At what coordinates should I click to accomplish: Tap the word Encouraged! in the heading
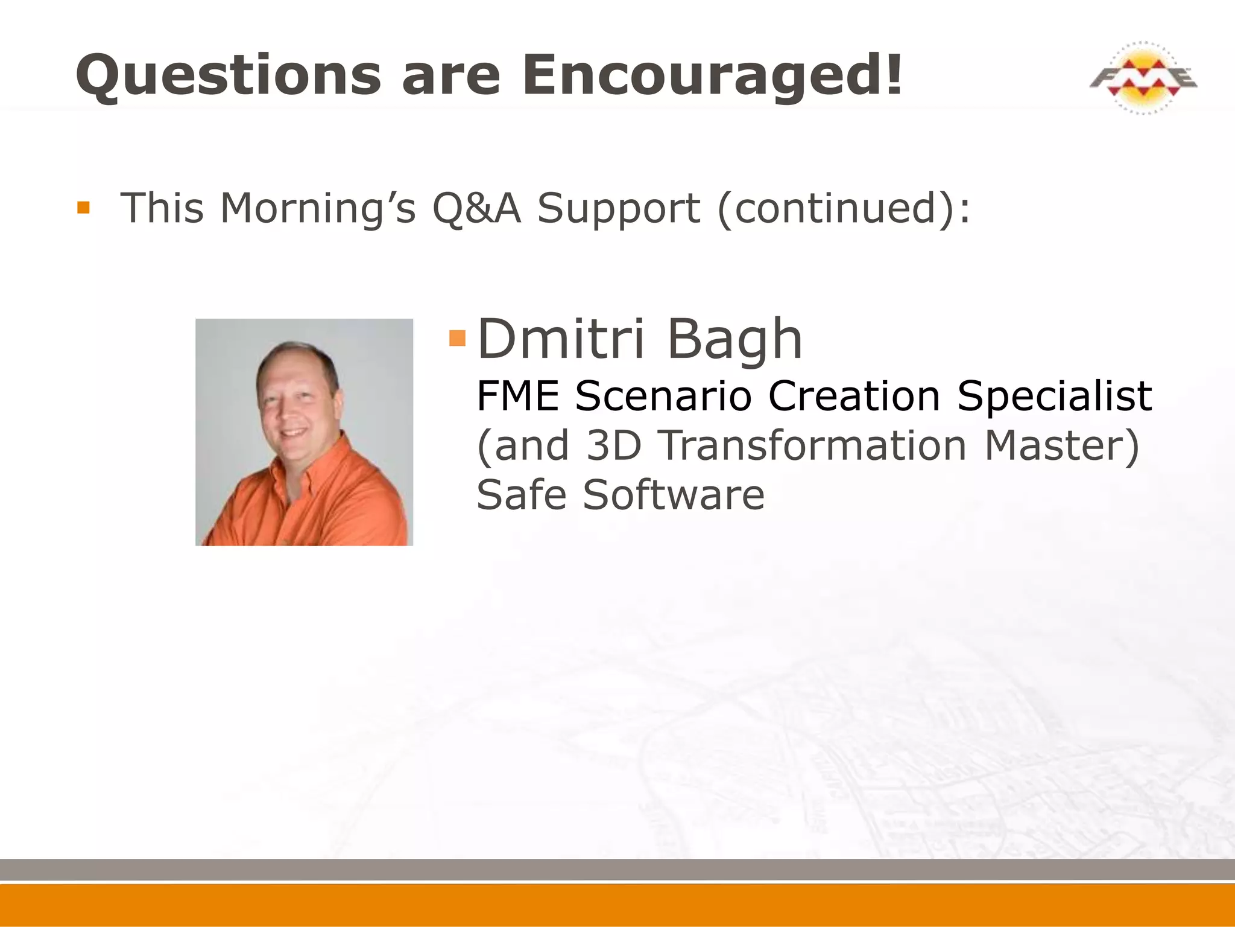713,75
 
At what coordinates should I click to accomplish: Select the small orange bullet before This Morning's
83,208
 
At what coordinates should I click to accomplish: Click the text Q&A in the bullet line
476,208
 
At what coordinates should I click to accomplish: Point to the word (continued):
844,208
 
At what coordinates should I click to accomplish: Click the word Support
619,208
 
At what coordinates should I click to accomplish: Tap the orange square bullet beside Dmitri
458,338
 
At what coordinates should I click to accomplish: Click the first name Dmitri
561,339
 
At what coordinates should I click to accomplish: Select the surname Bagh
734,339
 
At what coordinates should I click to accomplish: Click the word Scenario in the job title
663,397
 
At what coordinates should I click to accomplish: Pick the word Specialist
1054,397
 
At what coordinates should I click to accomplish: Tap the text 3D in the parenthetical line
613,445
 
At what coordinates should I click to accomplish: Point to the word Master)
1061,445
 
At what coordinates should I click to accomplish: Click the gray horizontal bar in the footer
617,869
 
